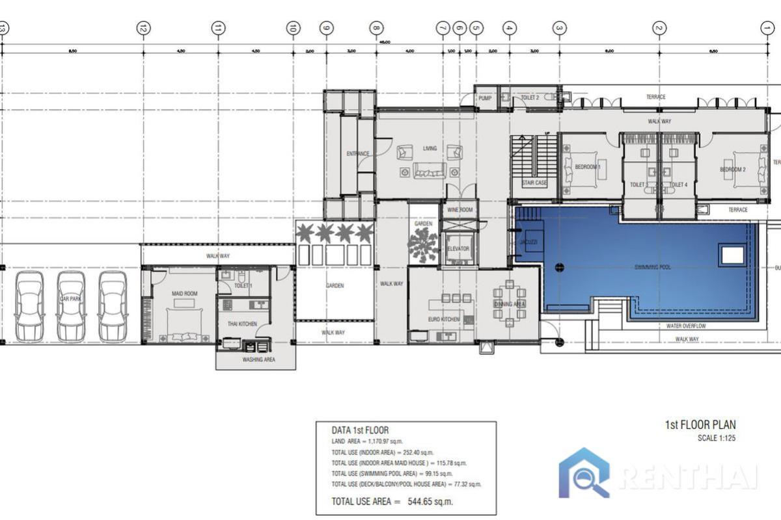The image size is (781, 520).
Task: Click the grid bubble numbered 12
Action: [143, 28]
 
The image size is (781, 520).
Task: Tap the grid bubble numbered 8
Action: [376, 28]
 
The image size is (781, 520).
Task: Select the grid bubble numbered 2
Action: [659, 28]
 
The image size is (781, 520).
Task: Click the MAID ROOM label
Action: [184, 294]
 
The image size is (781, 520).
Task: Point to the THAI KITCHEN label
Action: [241, 324]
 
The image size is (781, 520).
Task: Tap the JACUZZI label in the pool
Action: [528, 242]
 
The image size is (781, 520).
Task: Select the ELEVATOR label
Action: [458, 249]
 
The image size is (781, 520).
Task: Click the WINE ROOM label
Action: [459, 210]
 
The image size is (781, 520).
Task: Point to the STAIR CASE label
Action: [534, 183]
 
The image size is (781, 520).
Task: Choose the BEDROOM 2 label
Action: [732, 170]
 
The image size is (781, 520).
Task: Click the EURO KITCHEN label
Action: [444, 320]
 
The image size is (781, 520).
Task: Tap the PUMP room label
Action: [485, 98]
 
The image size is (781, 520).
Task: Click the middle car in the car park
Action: [71, 305]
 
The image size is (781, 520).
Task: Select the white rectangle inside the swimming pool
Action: [732, 255]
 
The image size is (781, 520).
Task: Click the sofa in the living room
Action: [430, 172]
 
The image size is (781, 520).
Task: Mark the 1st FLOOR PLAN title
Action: [700, 425]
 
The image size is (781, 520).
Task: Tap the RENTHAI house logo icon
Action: [584, 473]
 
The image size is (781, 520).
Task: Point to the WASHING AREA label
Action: [258, 359]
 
